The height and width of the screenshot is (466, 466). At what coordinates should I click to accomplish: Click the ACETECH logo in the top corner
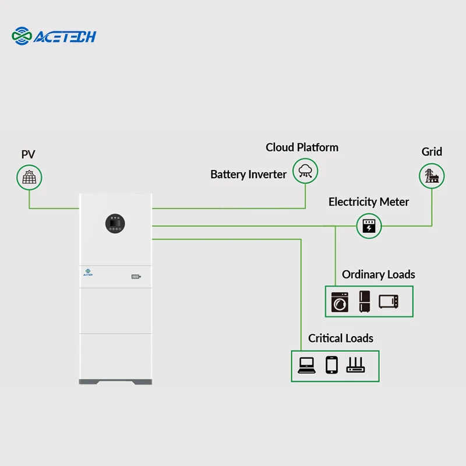click(x=54, y=36)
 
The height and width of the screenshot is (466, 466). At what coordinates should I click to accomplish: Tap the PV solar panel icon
click(x=29, y=176)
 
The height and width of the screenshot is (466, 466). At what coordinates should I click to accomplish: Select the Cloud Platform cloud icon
click(x=305, y=170)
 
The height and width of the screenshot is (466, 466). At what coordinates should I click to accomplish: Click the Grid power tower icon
click(x=432, y=175)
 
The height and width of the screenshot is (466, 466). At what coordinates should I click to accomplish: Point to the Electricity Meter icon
click(x=369, y=226)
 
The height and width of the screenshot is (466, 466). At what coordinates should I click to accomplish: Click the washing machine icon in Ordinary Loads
click(x=339, y=301)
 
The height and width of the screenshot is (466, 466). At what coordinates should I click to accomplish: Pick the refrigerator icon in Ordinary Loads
click(x=365, y=301)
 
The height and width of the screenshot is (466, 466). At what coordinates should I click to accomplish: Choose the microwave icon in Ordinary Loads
click(x=389, y=301)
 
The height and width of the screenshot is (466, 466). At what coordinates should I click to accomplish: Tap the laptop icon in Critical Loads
click(x=306, y=365)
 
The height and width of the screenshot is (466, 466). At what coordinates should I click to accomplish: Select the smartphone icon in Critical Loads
click(x=331, y=365)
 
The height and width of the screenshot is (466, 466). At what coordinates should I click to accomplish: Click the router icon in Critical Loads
click(x=355, y=365)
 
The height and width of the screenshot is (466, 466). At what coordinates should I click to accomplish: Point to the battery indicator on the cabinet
click(x=136, y=277)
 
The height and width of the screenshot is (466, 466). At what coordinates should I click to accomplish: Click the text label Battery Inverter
click(x=249, y=174)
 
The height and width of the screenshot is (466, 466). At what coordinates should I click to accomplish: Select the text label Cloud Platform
click(x=302, y=147)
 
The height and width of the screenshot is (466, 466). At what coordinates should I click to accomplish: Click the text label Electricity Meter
click(x=369, y=202)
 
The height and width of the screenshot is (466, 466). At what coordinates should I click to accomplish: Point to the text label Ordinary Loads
click(x=379, y=274)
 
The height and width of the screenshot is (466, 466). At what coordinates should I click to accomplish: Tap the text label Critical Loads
click(x=341, y=338)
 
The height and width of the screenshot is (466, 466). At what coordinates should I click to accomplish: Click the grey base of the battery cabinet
click(x=115, y=382)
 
